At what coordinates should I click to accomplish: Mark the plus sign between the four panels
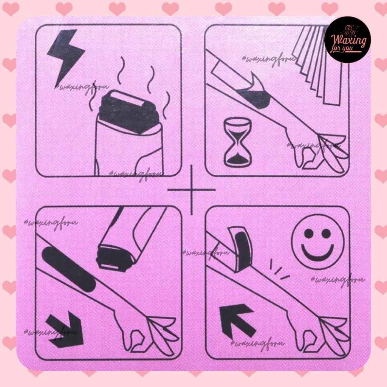coord(192,189)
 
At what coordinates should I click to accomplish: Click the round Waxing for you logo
coord(347,40)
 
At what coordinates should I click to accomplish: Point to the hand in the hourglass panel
coord(317,151)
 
